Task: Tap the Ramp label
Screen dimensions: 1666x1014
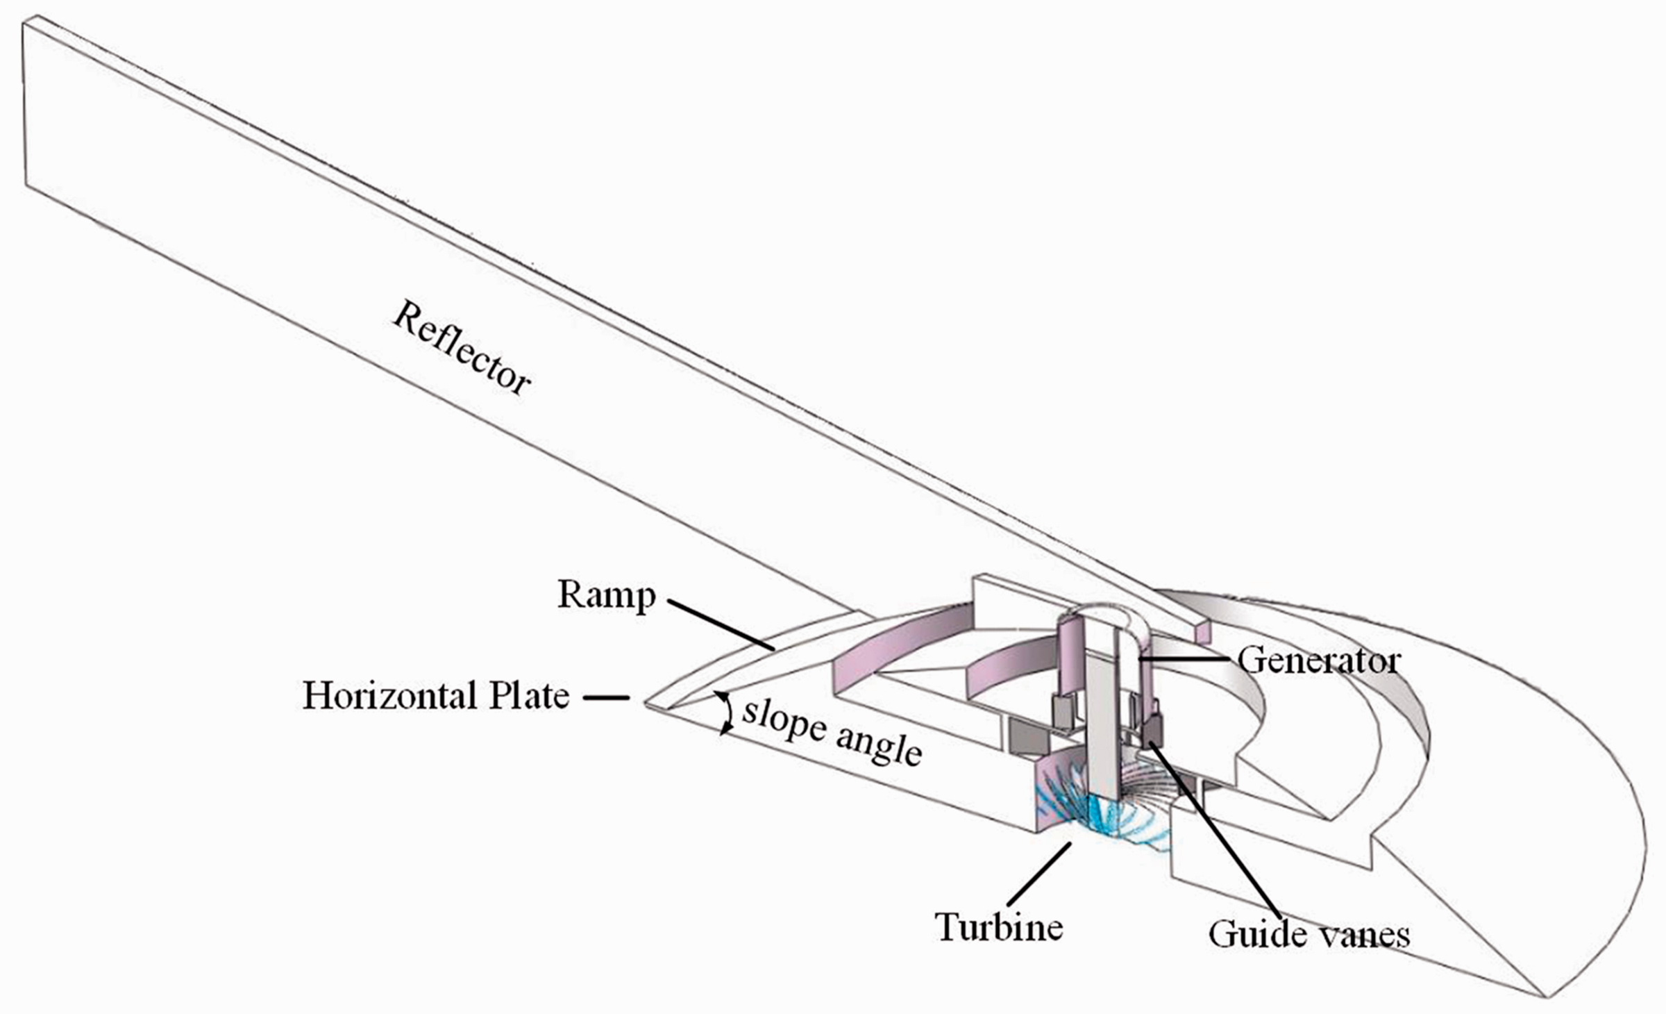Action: pyautogui.click(x=607, y=595)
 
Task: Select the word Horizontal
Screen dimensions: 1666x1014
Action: pyautogui.click(x=389, y=695)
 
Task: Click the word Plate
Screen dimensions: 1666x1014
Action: pyautogui.click(x=529, y=695)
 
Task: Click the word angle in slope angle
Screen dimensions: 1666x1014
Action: pyautogui.click(x=879, y=748)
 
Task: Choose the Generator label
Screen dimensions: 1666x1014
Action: pyautogui.click(x=1319, y=660)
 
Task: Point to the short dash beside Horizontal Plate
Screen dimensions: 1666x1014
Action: pyautogui.click(x=605, y=697)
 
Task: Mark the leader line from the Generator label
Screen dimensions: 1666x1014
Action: pyautogui.click(x=1187, y=658)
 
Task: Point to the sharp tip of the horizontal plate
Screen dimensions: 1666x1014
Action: pyautogui.click(x=646, y=704)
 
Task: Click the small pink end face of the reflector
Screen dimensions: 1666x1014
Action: pyautogui.click(x=1203, y=631)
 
